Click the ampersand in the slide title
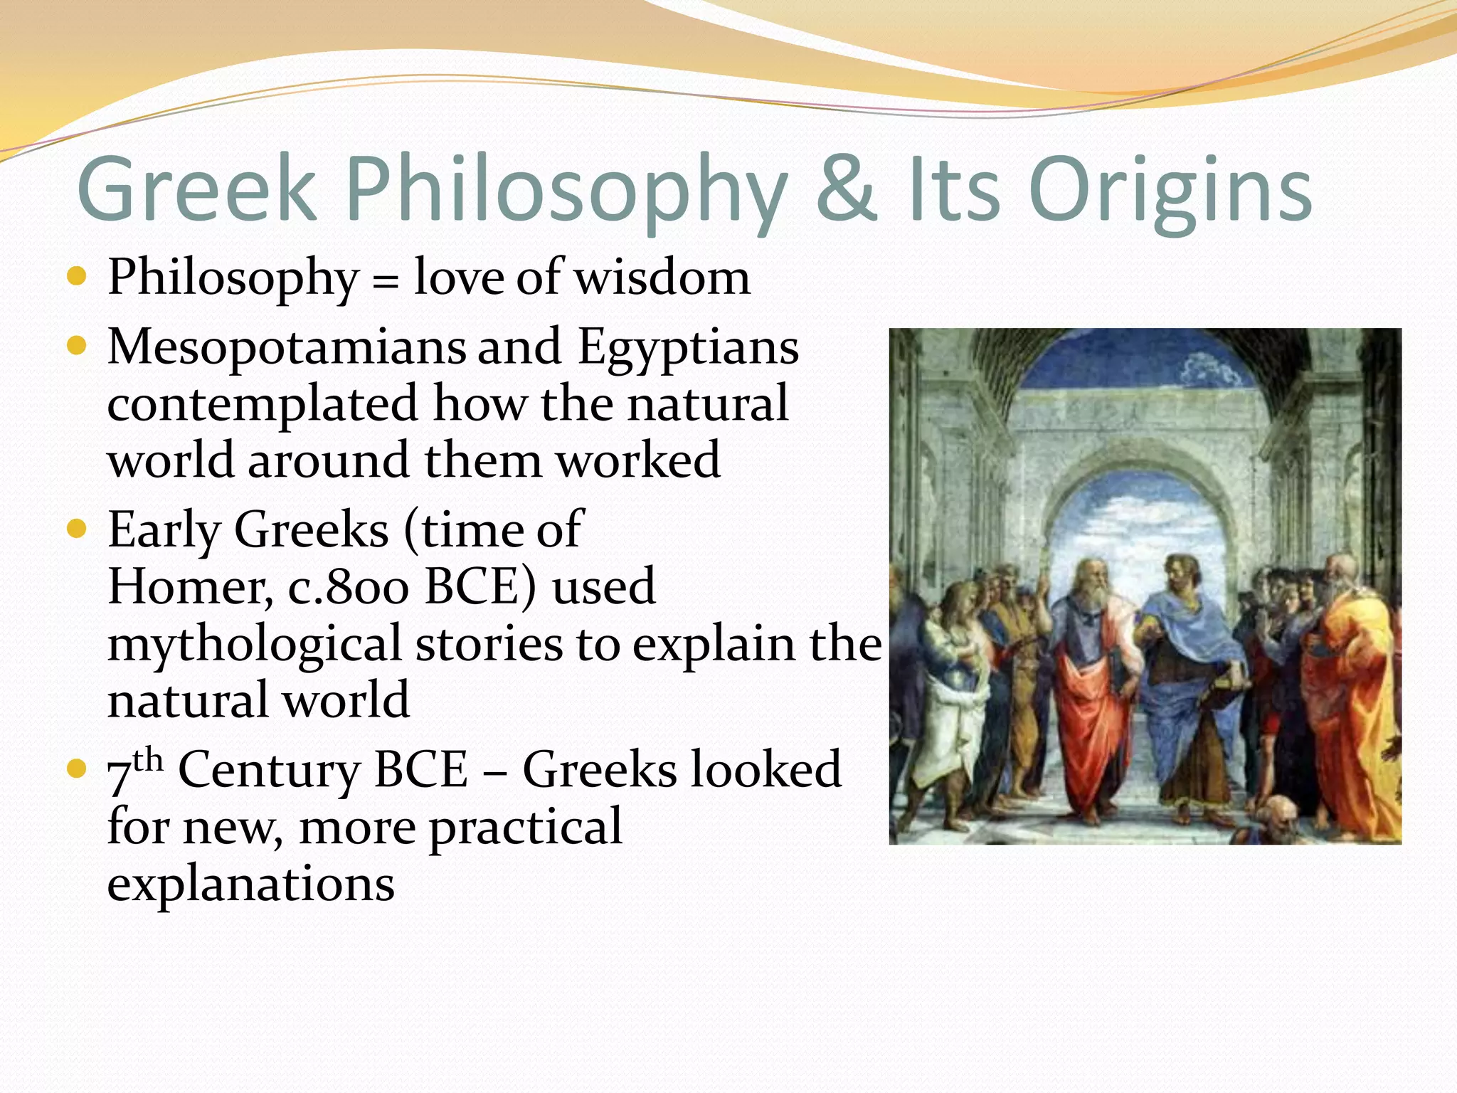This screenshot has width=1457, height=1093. point(845,189)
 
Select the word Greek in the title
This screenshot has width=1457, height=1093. point(196,189)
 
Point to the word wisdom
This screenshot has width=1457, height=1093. point(662,277)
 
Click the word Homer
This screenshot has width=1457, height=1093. point(189,588)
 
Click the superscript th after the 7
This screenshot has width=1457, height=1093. point(148,760)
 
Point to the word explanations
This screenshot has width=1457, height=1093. point(250,884)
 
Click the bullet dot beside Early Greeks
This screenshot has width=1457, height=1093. point(76,529)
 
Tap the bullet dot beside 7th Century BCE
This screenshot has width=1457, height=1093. point(76,769)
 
